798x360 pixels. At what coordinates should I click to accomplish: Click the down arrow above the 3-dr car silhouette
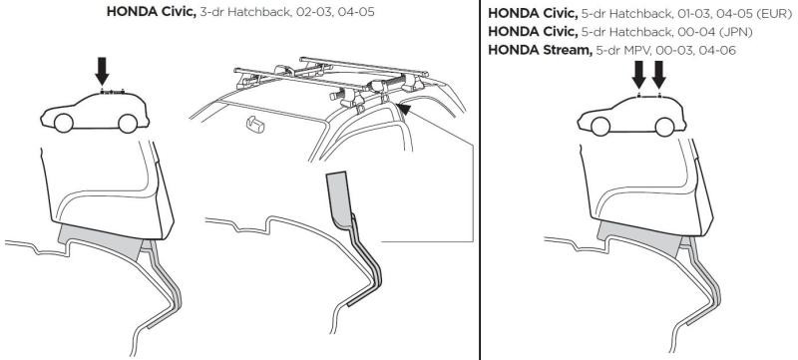coord(103,71)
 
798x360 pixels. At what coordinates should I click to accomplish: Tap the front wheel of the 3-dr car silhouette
coord(62,123)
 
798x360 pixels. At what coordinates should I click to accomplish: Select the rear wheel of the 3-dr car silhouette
coord(127,122)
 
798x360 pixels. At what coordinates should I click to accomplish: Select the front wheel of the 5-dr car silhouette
coord(601,124)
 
